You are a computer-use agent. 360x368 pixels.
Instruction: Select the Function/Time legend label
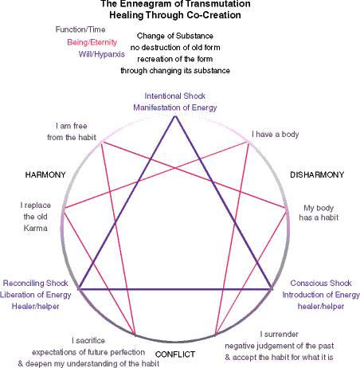pos(80,29)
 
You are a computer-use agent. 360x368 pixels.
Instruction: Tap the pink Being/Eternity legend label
pos(92,42)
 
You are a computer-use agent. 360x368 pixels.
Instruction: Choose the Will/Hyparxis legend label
pos(102,54)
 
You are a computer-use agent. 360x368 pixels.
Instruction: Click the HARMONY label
pos(45,174)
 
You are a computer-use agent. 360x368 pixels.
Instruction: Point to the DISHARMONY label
pos(317,174)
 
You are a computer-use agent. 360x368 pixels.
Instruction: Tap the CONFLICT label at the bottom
pos(175,354)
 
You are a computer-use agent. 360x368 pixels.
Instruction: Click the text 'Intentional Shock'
pos(175,96)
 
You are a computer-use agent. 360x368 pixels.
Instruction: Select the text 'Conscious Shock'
pos(321,283)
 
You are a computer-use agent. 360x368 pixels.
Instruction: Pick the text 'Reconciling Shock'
pos(36,283)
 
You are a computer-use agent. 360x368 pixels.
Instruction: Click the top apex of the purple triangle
pos(175,115)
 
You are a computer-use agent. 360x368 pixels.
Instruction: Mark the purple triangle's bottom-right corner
pos(272,288)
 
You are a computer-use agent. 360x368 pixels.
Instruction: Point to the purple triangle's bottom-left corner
pos(80,288)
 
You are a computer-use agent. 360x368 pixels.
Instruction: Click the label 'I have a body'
pos(276,135)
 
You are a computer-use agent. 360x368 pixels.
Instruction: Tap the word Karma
pos(36,228)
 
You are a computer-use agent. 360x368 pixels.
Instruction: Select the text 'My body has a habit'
pos(319,213)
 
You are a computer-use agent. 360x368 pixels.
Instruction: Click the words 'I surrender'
pos(280,334)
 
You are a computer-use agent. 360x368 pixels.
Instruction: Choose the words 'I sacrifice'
pos(88,340)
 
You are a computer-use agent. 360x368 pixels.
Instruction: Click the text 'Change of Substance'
pos(175,36)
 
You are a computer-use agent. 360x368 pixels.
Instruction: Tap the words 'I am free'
pos(72,126)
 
